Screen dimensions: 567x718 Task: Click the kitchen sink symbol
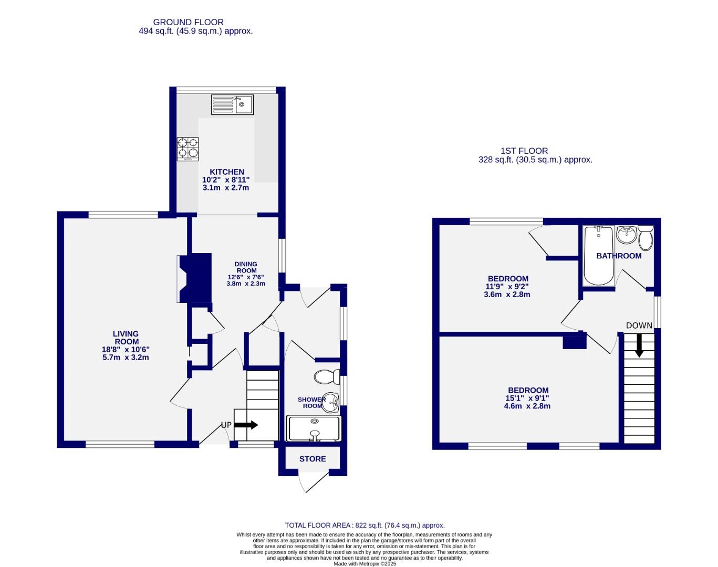(232, 104)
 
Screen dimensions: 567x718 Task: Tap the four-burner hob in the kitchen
(188, 149)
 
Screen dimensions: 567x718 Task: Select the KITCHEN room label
(226, 172)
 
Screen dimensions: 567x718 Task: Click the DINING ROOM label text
(246, 267)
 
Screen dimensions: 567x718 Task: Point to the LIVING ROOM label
(126, 338)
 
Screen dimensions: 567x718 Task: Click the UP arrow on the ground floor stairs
(245, 425)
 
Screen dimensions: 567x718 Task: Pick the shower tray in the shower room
(314, 428)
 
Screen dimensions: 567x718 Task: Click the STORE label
(313, 459)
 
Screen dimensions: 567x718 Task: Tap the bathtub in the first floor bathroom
(598, 255)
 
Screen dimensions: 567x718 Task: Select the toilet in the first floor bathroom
(646, 238)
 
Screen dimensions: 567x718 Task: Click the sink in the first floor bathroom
(626, 234)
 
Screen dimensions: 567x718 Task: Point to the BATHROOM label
(619, 256)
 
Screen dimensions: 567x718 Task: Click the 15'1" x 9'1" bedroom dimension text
(528, 398)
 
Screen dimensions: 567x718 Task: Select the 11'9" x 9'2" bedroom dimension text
(507, 287)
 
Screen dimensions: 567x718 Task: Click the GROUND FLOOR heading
(188, 22)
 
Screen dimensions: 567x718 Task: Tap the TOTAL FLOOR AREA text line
(365, 525)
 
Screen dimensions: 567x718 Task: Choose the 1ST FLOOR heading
(524, 151)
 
